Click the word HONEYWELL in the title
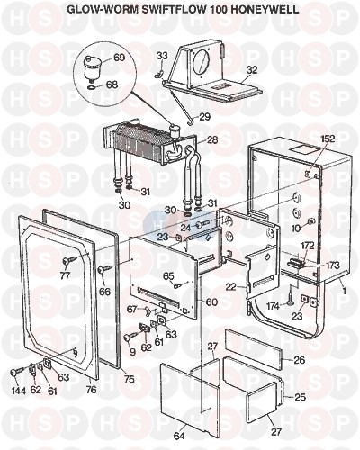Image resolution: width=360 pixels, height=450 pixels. point(262,9)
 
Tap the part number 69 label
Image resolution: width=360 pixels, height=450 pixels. point(119,58)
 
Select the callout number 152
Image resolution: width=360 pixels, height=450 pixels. point(327,139)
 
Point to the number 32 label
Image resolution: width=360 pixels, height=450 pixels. point(251,70)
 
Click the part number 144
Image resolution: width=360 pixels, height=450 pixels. point(19,390)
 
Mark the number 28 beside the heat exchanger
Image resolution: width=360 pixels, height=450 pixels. point(212,139)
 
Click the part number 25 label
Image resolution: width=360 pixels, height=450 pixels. point(299,397)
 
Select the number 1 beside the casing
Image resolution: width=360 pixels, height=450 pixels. point(345,291)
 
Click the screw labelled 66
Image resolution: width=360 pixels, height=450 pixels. point(105,268)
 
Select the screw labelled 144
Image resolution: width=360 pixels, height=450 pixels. point(17,372)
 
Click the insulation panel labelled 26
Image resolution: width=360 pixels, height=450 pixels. point(255,348)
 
